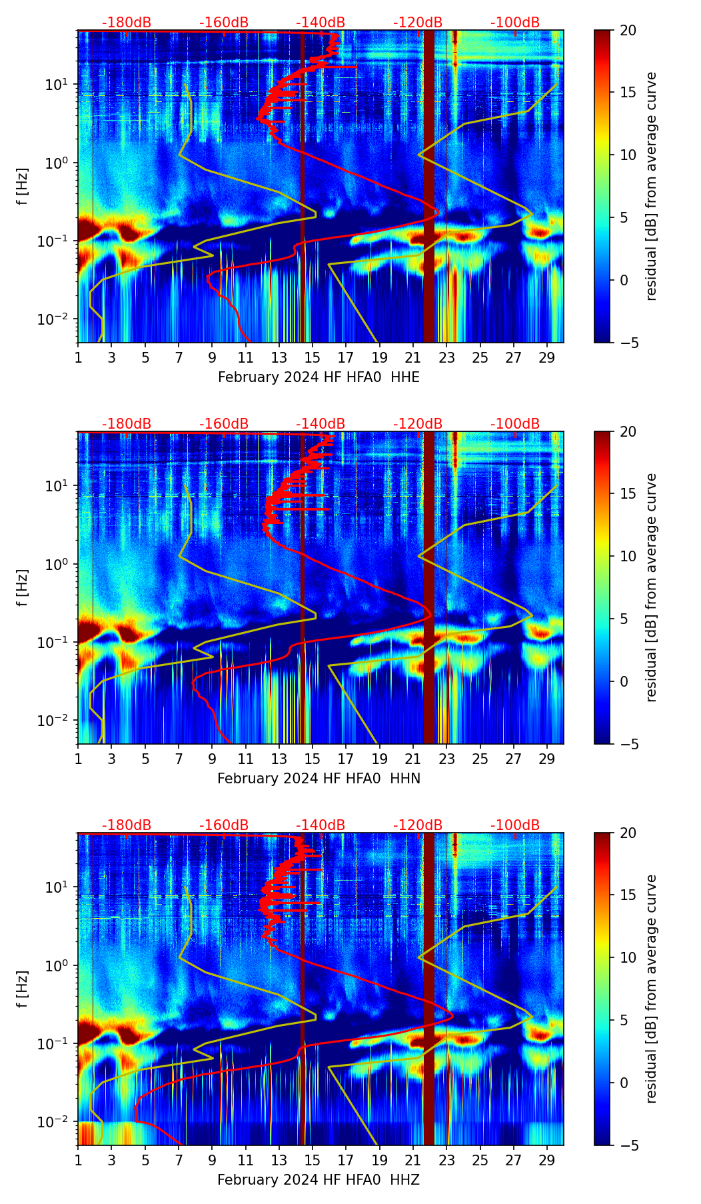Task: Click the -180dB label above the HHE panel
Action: coord(127,23)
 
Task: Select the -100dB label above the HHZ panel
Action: coord(515,825)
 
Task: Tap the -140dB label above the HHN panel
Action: coord(321,424)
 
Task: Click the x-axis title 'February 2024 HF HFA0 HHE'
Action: coord(319,377)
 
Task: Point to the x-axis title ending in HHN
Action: coord(319,779)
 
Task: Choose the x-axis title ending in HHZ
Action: coord(319,1180)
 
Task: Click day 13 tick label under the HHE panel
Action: coord(279,357)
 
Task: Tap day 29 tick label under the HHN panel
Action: coord(547,759)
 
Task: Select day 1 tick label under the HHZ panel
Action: coord(78,1160)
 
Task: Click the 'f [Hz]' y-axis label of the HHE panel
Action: coord(23,187)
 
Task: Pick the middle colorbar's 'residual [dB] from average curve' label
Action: coord(651,587)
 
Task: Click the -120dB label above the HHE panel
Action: coord(418,23)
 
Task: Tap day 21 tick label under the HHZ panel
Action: coord(413,1160)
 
